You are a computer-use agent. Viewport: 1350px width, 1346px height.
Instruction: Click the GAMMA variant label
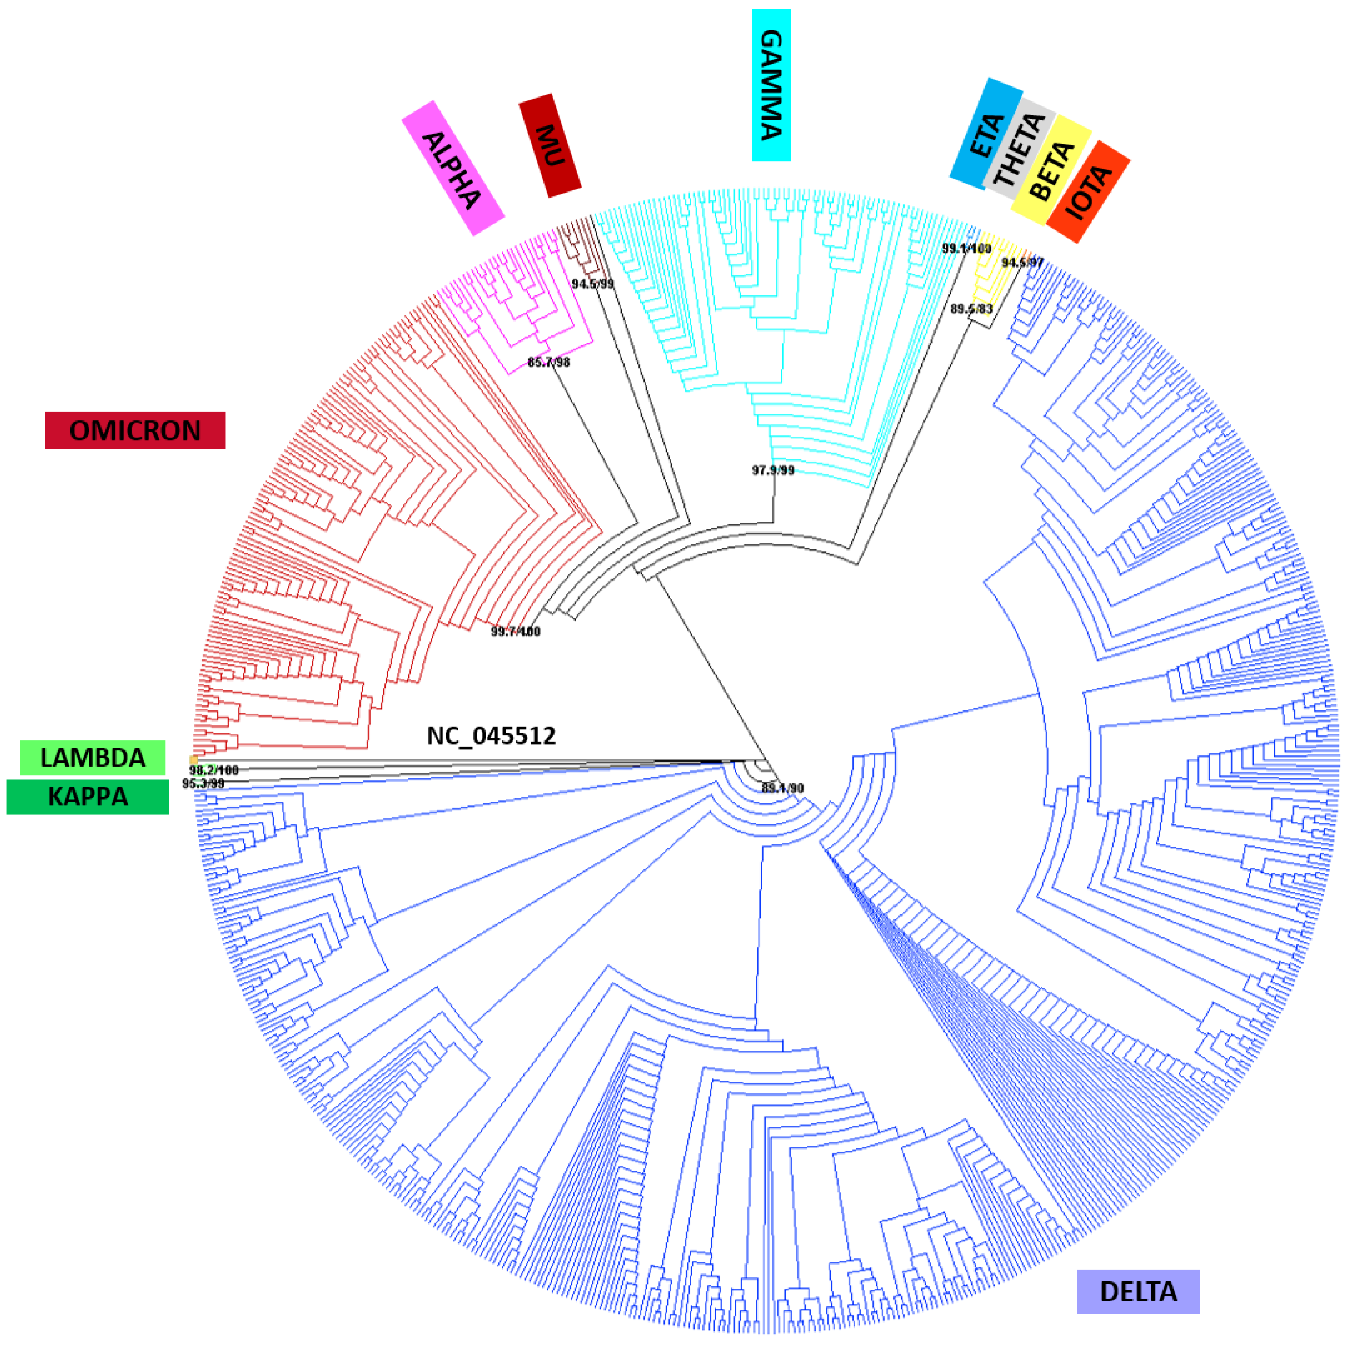coord(771,85)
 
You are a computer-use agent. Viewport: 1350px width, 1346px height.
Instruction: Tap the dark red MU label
coord(550,145)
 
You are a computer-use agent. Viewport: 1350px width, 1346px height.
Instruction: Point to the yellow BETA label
coord(1052,170)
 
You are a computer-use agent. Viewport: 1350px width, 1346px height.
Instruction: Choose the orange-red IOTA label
coord(1088,192)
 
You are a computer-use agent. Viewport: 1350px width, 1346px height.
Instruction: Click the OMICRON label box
coord(135,430)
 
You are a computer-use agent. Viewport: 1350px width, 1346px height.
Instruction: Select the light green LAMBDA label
coord(93,758)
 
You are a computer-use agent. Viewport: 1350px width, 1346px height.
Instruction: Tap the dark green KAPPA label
coord(88,797)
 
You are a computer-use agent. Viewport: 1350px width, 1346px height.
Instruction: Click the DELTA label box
coord(1138,1291)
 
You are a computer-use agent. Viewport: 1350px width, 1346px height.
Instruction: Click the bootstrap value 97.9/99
coord(773,470)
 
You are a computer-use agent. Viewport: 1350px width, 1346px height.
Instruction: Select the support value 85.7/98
coord(549,362)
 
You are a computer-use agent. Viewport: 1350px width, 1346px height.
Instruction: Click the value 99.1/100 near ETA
coord(966,248)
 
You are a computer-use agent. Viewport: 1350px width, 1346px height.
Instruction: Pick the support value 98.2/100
coord(214,770)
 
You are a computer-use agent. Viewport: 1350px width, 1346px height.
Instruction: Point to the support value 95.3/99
coord(203,784)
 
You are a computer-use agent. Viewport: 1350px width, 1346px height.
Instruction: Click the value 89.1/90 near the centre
coord(783,788)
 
